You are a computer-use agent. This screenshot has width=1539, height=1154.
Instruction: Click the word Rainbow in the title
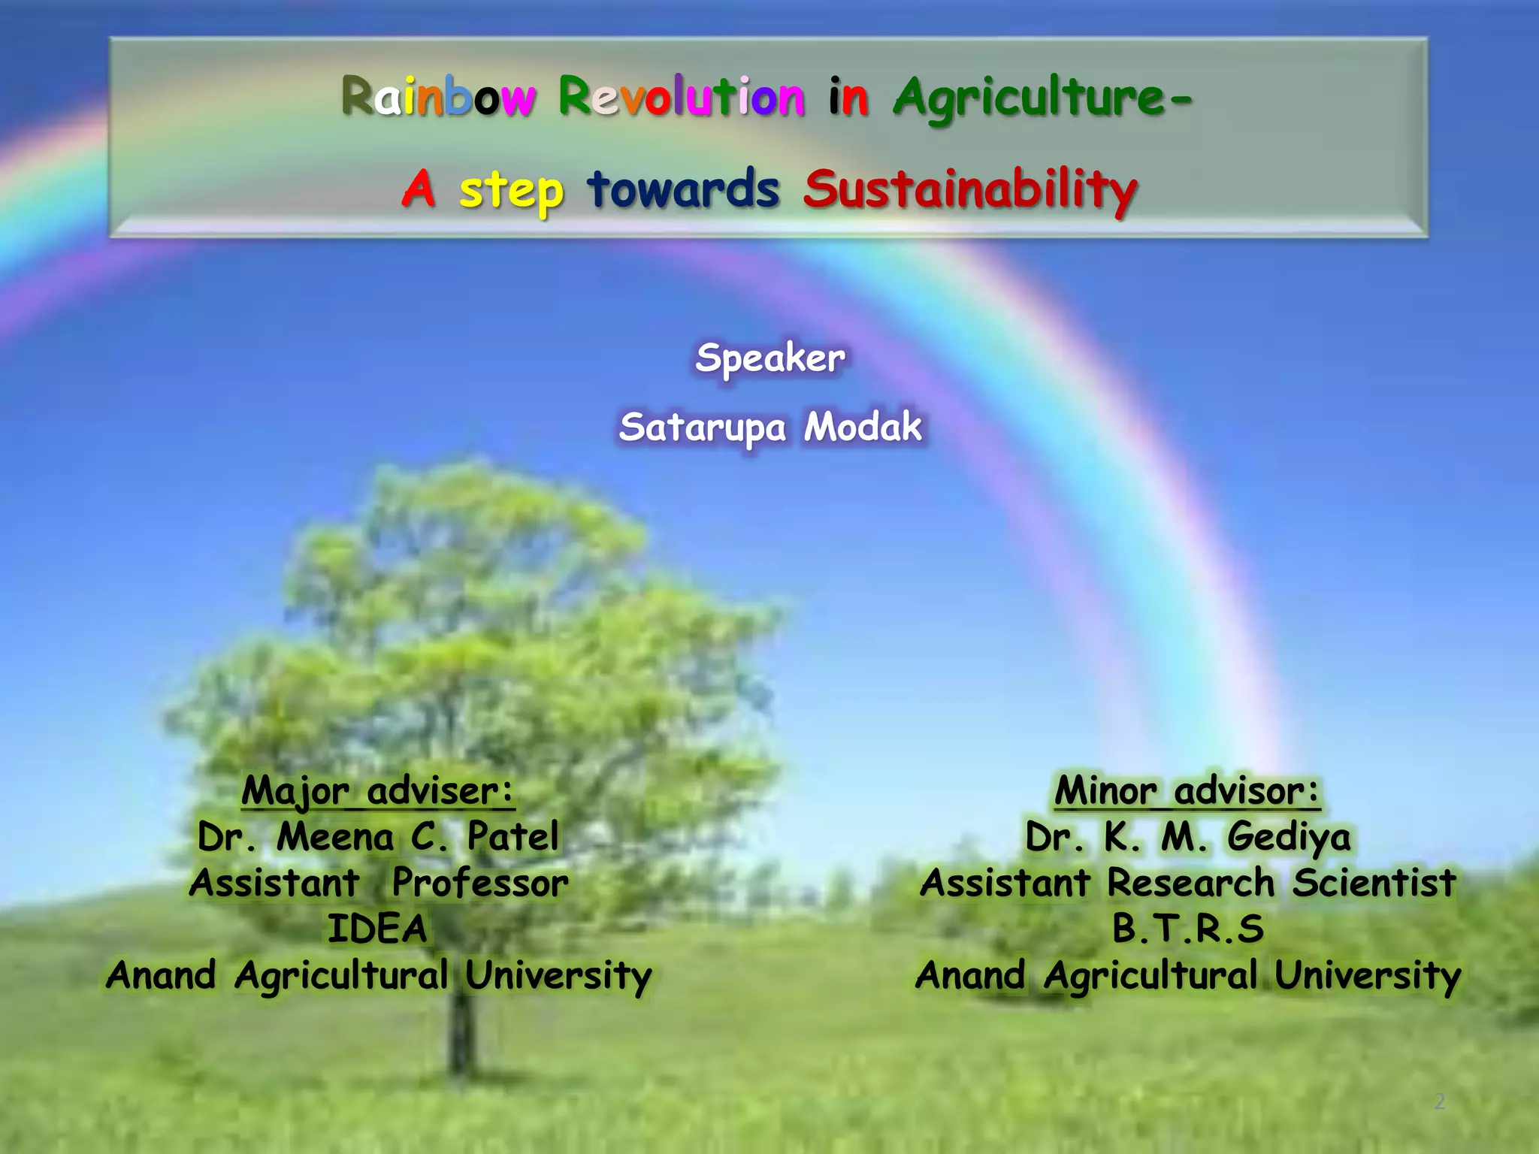pos(439,98)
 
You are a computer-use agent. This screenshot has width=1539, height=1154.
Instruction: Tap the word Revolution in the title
pos(681,98)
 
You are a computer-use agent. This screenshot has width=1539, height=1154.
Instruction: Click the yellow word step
pos(511,190)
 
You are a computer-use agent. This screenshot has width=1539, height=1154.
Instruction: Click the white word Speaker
pos(769,358)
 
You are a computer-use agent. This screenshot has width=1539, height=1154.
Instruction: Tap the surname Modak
pos(863,427)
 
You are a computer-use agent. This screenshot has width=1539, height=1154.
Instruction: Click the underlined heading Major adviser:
pos(378,791)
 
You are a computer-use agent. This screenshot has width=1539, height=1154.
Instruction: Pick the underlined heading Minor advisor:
pos(1187,791)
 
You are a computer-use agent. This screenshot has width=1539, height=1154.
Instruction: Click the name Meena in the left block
pos(335,837)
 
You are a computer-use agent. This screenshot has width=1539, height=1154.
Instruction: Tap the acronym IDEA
pos(377,929)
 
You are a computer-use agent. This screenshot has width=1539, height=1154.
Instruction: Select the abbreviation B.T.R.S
pos(1188,929)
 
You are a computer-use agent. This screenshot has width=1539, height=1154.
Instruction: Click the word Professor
pos(480,883)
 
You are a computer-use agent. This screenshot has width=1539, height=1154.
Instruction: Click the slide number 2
pos(1439,1102)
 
